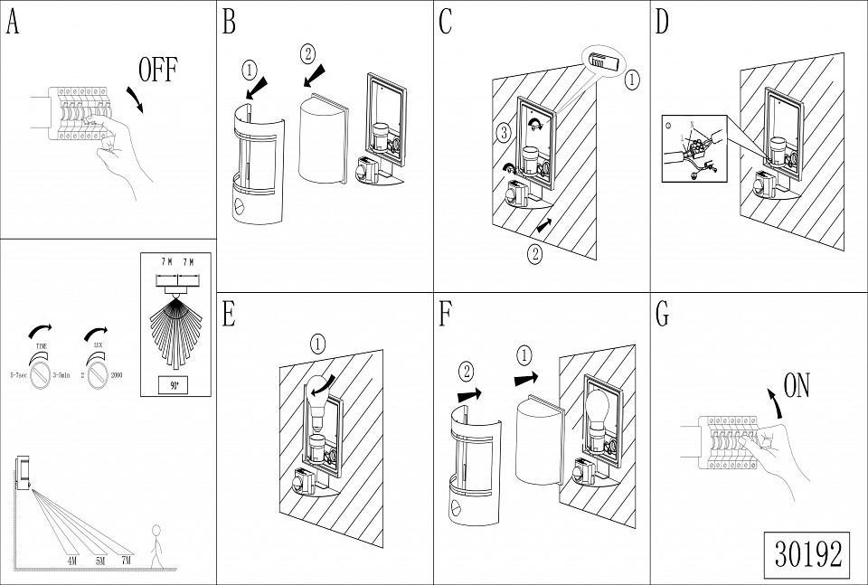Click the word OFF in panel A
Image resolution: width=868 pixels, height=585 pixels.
158,70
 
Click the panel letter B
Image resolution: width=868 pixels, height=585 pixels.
230,23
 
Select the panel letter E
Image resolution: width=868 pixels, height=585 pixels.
230,314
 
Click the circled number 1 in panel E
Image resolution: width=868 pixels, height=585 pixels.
318,344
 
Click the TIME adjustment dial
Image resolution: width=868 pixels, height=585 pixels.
42,373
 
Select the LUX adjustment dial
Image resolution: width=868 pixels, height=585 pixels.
97,373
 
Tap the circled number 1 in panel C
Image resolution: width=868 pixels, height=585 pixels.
631,79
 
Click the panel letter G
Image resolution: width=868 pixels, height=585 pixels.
662,314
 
